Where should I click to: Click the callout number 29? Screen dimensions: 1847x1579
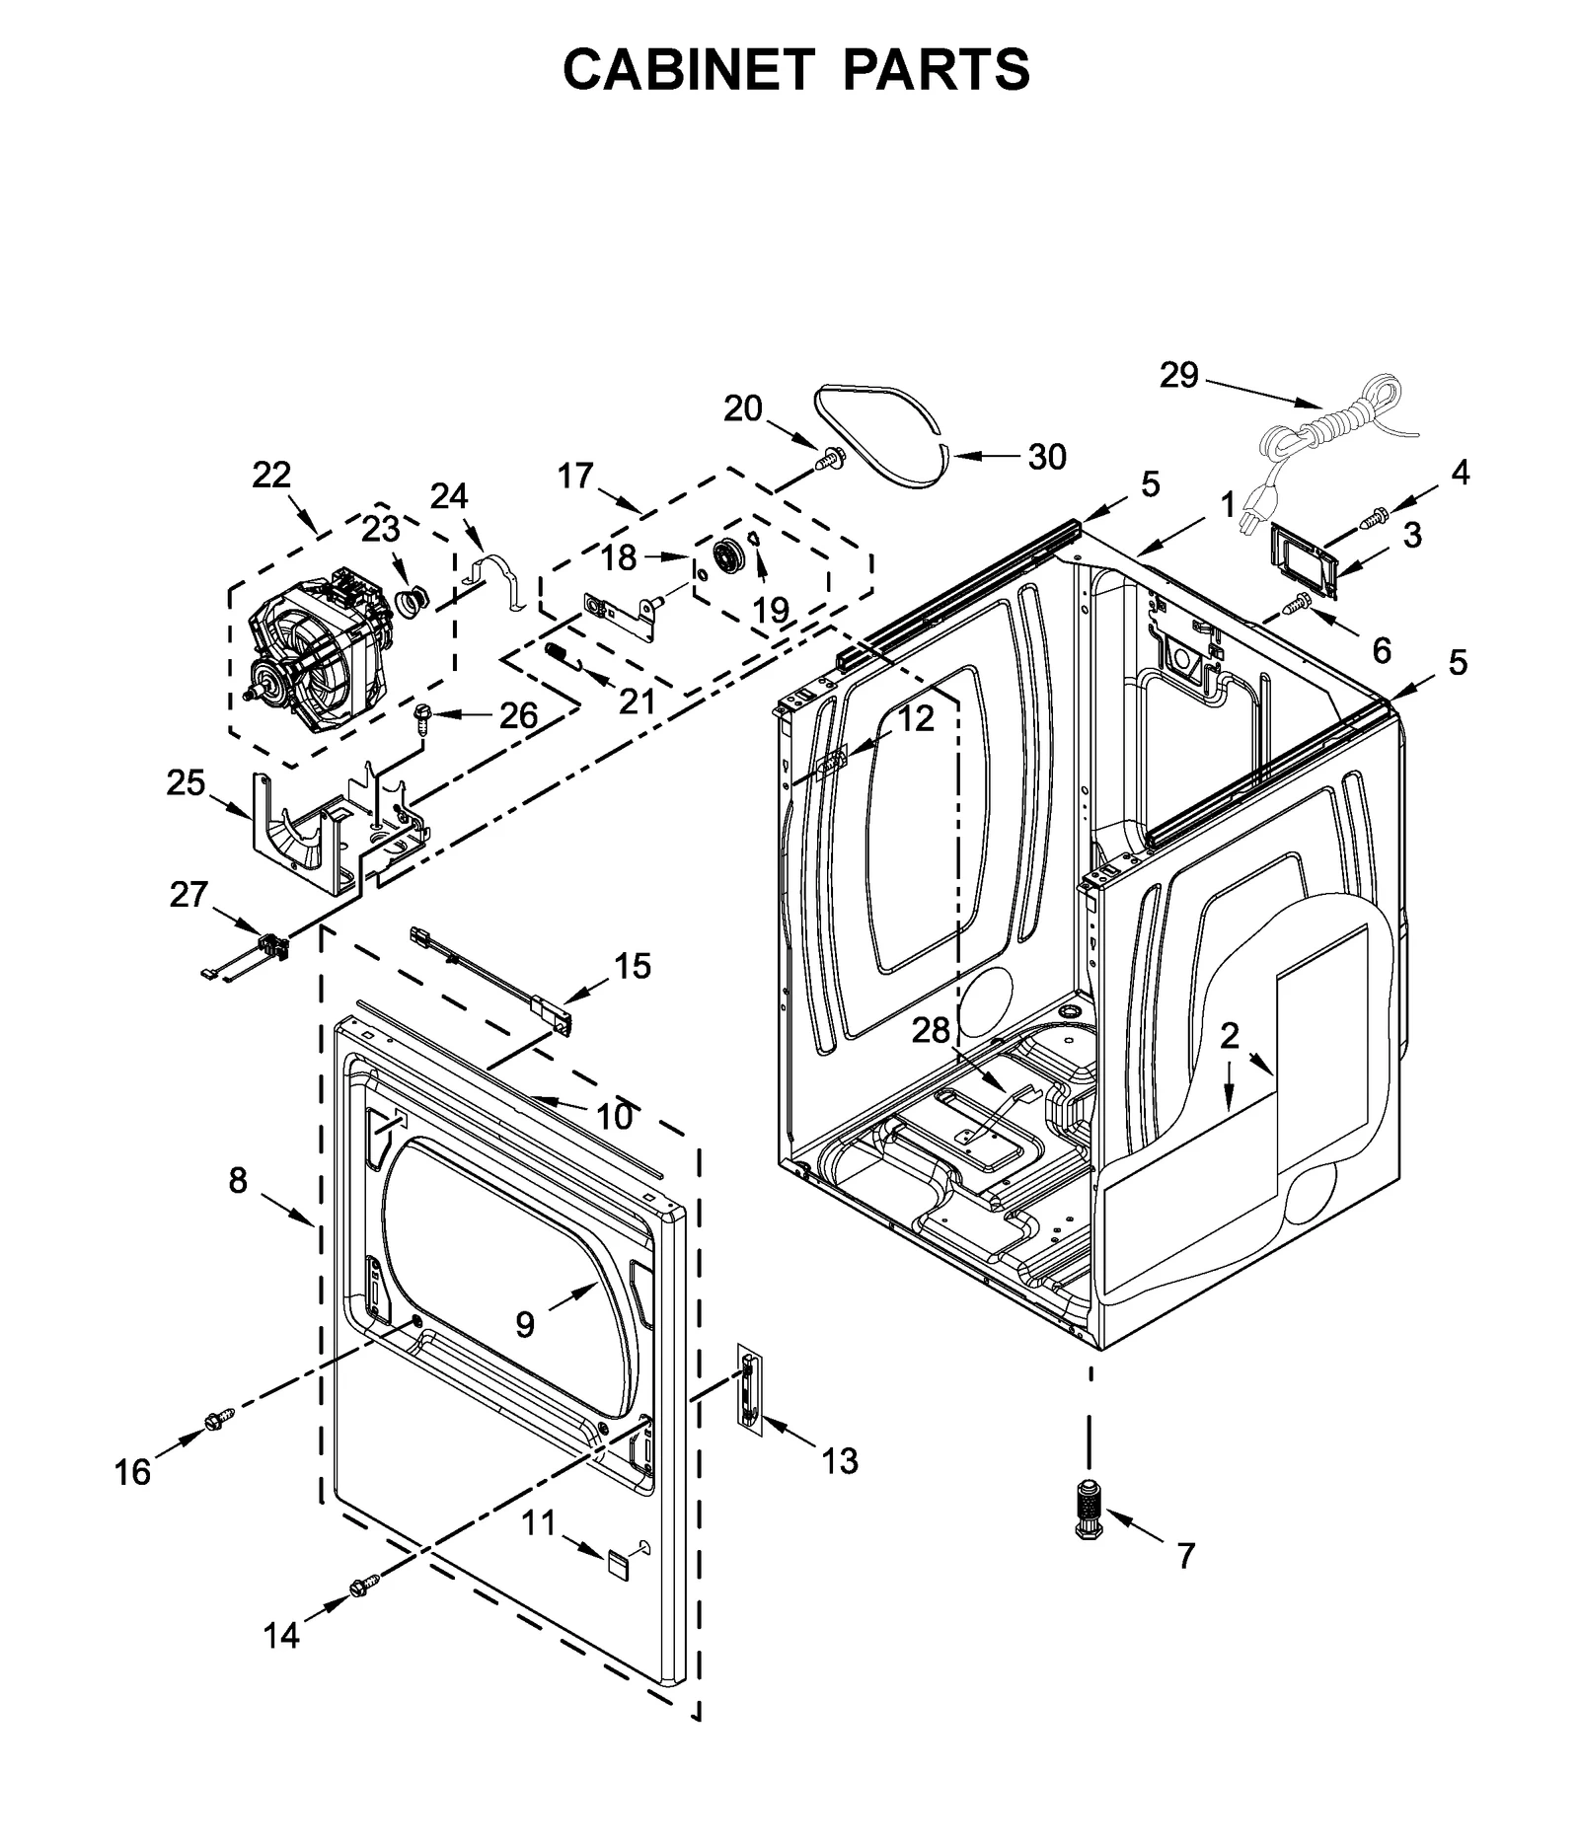[x=1178, y=375]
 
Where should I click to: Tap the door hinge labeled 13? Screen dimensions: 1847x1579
[x=748, y=1390]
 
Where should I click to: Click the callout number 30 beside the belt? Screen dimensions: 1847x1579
[x=1047, y=457]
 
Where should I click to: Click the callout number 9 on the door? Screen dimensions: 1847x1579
[x=524, y=1323]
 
